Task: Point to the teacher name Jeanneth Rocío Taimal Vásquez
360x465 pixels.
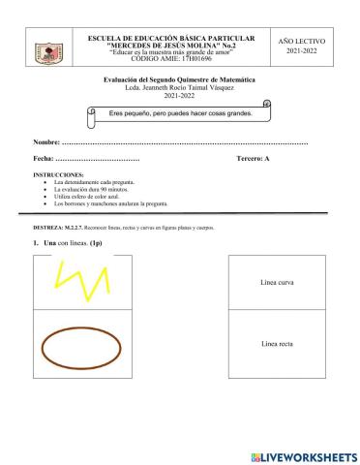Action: pyautogui.click(x=181, y=90)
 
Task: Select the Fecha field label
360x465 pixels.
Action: pyautogui.click(x=45, y=157)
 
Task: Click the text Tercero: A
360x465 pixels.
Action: pyautogui.click(x=254, y=157)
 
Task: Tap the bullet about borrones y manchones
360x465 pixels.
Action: pyautogui.click(x=111, y=204)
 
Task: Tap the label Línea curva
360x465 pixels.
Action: pyautogui.click(x=279, y=282)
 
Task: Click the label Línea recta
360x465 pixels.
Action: pyautogui.click(x=279, y=344)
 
